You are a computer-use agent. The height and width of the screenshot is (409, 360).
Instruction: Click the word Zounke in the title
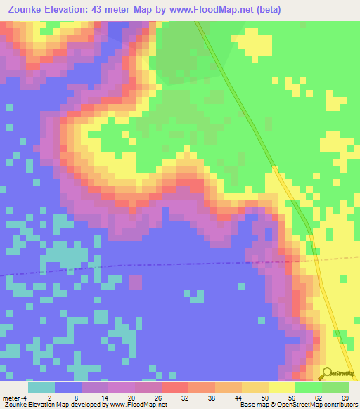click(x=27, y=10)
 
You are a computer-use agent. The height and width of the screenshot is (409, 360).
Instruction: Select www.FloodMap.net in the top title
click(x=219, y=10)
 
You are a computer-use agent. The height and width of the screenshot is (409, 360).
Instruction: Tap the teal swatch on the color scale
click(x=41, y=387)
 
